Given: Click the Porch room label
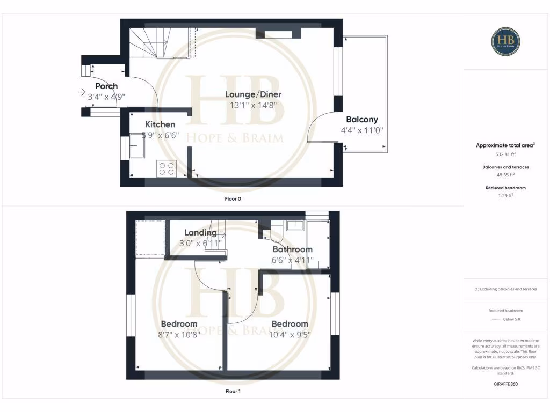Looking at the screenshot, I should tap(106, 86).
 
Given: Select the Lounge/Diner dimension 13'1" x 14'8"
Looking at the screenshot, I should tap(253, 106).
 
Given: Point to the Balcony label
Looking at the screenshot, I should tap(361, 120).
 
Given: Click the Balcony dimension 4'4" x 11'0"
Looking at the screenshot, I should tap(361, 130).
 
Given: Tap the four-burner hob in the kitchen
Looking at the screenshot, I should tap(166, 168).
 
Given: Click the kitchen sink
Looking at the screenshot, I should tap(136, 146).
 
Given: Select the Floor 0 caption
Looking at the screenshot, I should tap(233, 199).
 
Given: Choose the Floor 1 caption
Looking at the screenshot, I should tap(233, 392).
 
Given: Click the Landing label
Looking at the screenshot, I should tap(200, 233).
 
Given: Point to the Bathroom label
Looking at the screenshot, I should tap(292, 249).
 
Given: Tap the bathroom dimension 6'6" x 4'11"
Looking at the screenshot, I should tap(292, 261).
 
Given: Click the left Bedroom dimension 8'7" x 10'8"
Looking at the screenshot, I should tap(179, 335).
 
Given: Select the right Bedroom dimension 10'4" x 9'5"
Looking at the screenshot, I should tap(290, 335).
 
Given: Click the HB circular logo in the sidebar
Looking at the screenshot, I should tap(506, 42).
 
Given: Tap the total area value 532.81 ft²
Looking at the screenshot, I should tap(506, 154).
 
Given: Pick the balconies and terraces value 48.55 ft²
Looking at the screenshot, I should tap(506, 175).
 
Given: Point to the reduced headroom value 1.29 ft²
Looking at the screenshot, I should tap(506, 196).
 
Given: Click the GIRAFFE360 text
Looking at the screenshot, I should tap(506, 384).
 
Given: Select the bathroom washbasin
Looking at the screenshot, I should tap(295, 225).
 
